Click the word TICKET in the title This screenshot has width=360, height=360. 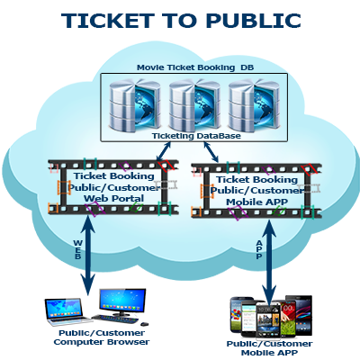pos(107,21)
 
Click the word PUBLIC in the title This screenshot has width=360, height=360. pos(253,21)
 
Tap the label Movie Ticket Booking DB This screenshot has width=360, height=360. pos(195,67)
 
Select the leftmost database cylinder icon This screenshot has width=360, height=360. pos(135,105)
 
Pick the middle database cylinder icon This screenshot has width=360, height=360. pos(194,105)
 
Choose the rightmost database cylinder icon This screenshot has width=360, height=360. pos(254,105)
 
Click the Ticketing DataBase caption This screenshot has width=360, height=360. pos(196,136)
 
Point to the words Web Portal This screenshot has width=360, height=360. pos(113,198)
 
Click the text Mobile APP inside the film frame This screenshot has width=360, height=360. pos(256,202)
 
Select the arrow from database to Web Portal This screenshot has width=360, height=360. pos(164,151)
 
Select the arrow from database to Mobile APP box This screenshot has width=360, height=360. pos(211,152)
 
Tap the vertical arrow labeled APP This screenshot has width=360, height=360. pos(269,262)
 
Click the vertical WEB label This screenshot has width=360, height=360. pos(77,249)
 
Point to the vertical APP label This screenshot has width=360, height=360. pos(259,249)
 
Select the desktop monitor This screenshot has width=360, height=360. pos(122,301)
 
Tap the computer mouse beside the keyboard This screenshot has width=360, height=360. pos(145,324)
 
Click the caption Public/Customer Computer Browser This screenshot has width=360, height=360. pos(102,337)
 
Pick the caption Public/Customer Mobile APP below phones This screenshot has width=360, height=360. pos(269,348)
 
